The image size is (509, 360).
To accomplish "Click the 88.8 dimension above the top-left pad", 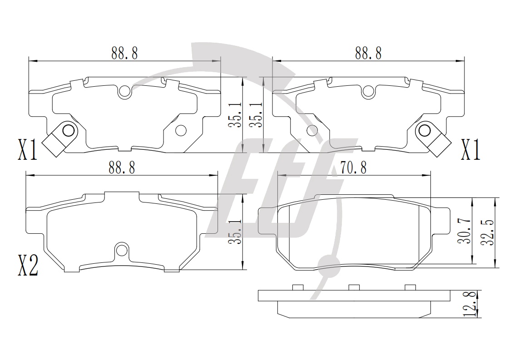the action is coord(125,53).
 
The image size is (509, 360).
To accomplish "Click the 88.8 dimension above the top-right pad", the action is coord(368,53).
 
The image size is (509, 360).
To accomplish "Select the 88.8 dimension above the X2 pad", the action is coord(122,168).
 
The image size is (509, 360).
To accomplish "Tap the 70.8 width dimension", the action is coord(354,168).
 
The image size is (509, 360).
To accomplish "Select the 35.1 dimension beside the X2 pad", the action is coord(235,232).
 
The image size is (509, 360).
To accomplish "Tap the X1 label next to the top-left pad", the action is coord(28,150).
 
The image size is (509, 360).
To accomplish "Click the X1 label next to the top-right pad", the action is coord(471,150).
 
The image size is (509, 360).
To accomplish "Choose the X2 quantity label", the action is coord(28,265).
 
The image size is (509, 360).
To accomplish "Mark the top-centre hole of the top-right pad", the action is coord(368,92).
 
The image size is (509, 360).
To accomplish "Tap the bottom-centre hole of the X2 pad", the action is coord(122,250).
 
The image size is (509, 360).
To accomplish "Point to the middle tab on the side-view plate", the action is coord(354,287).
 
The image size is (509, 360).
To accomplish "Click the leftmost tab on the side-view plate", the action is coord(298,287).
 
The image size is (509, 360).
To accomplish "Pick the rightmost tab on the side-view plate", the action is coord(410,287).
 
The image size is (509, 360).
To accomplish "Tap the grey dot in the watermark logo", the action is coord(329,264).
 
